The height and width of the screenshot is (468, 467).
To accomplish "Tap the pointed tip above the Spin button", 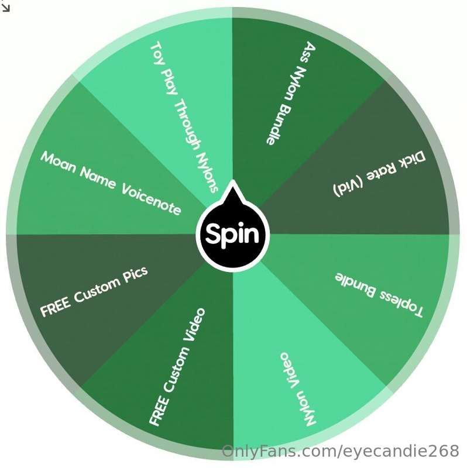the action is click(233, 180).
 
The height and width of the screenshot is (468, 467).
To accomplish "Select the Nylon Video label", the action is click(297, 389).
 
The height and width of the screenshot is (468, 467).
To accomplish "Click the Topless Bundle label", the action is click(379, 295).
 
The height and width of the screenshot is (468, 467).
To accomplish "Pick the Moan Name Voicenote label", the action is click(111, 183).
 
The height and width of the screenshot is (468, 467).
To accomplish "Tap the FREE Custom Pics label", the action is click(94, 291).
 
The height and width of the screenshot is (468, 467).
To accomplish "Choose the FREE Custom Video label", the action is click(177, 367).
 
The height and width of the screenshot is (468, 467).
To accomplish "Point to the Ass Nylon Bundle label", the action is click(291, 94).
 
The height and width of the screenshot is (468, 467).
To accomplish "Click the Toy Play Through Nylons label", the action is click(184, 118).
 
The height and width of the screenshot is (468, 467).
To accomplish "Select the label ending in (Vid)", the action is click(379, 174).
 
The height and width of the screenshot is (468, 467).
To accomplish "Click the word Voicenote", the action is click(152, 199).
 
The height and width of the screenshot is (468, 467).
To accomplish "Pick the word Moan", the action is click(58, 162).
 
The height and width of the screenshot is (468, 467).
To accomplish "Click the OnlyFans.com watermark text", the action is click(340, 450).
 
